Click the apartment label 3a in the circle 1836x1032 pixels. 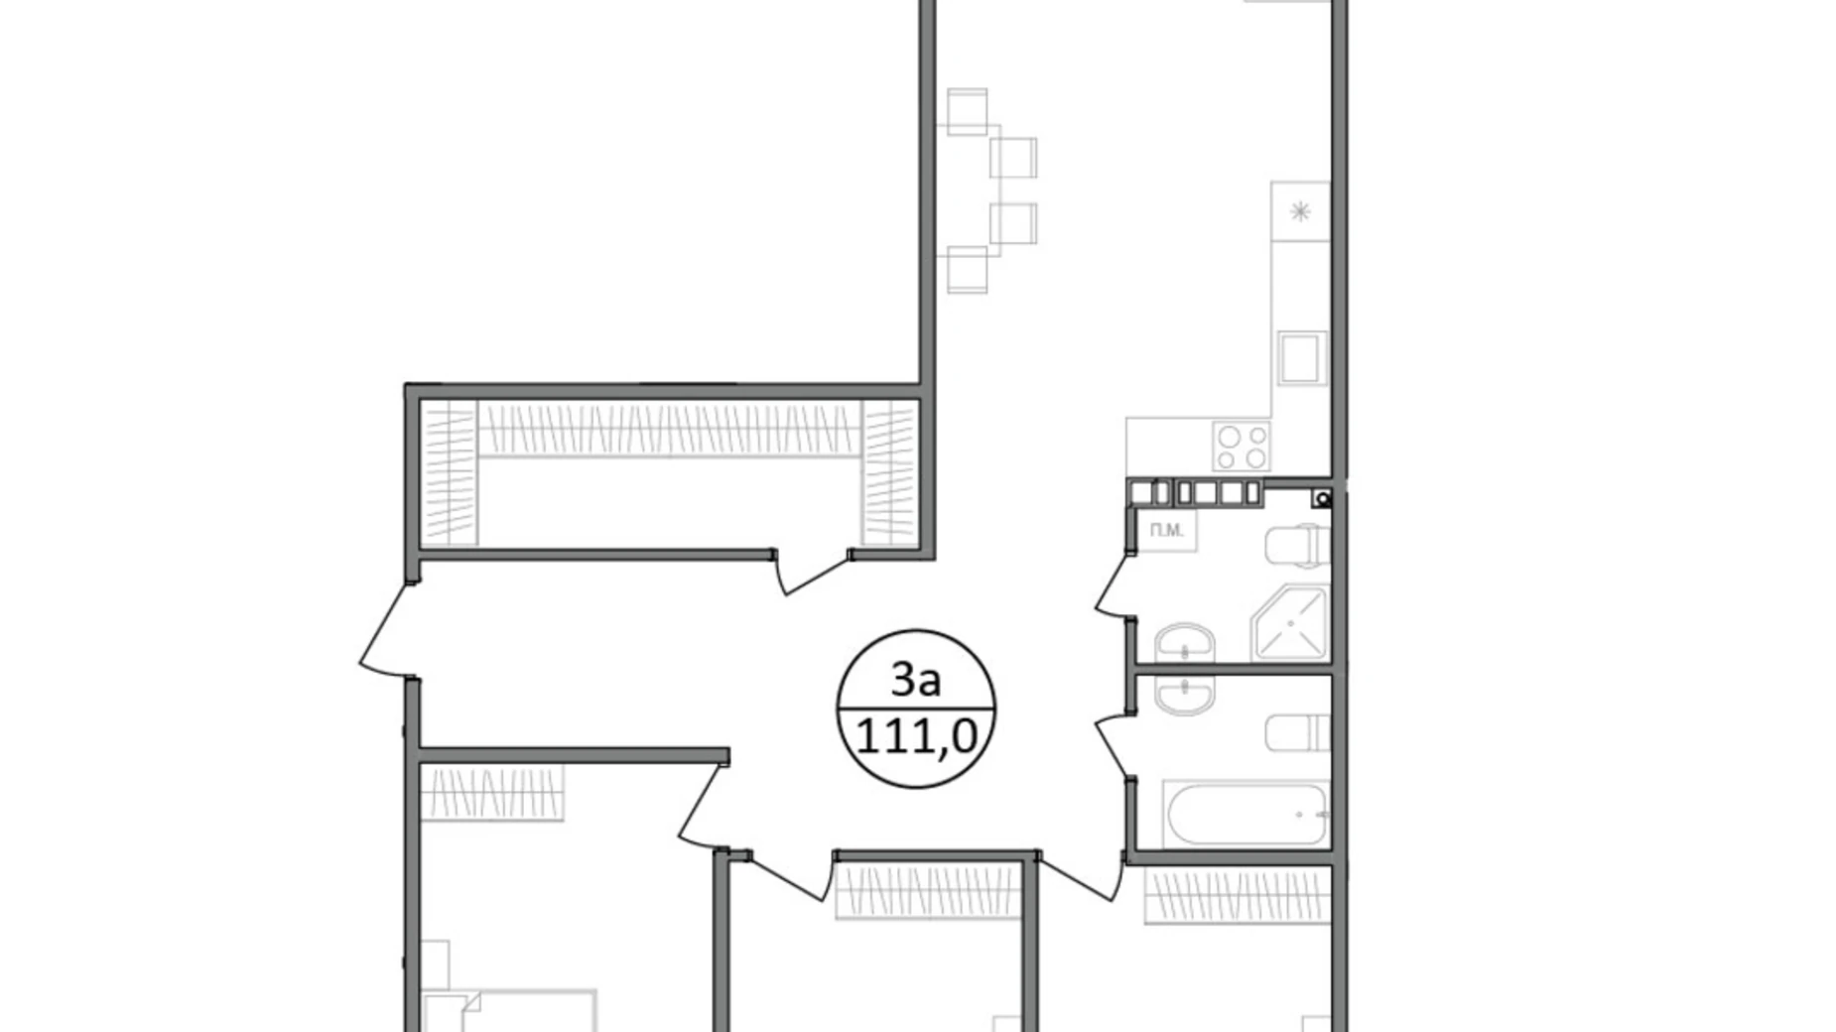tap(915, 680)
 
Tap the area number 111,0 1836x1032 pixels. tap(916, 737)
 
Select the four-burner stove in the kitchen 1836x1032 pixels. tap(1242, 446)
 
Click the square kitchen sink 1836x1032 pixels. tap(1301, 357)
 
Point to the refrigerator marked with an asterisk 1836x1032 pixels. tap(1300, 211)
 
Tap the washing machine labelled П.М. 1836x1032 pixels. tap(1167, 530)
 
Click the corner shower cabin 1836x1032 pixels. tap(1290, 623)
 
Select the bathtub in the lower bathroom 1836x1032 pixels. tap(1246, 815)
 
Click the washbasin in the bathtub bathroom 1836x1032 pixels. tap(1184, 695)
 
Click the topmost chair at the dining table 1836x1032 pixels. tap(967, 111)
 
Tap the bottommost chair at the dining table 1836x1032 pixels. tap(967, 269)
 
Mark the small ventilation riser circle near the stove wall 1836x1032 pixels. tap(1322, 498)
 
